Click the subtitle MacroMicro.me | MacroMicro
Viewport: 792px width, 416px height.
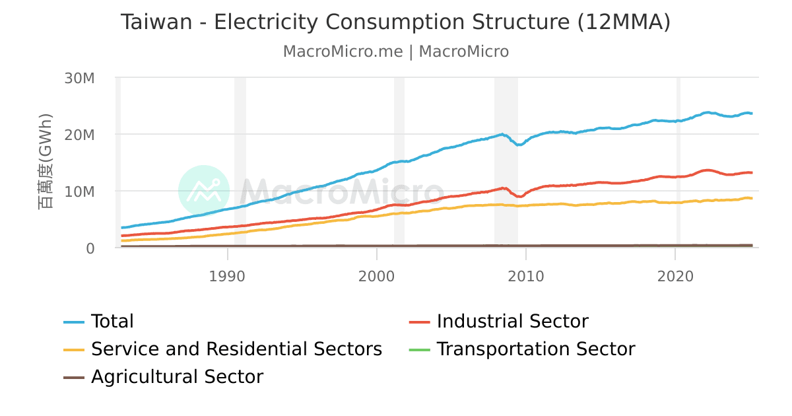coord(395,52)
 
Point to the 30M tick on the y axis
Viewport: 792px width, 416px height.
coord(80,78)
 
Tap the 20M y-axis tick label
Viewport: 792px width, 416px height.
coord(80,135)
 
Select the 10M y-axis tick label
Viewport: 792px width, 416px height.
coord(80,191)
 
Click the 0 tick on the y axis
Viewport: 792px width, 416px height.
coord(90,248)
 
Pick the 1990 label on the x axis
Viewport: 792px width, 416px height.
coord(227,275)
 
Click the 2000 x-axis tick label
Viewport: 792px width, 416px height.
coord(376,275)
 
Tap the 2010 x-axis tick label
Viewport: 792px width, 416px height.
coord(525,275)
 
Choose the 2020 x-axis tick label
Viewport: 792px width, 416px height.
coord(675,275)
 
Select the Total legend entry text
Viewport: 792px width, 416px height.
coord(112,322)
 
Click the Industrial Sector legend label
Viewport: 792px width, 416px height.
coord(512,322)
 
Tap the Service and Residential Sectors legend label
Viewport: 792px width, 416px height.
coord(236,349)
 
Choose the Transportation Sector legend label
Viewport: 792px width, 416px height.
coord(535,349)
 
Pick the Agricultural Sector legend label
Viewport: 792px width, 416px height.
coord(177,377)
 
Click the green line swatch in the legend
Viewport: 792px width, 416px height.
coord(420,349)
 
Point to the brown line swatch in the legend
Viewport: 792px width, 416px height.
coord(74,377)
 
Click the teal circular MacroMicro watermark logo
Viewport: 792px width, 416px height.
coord(204,191)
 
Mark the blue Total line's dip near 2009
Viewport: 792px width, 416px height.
coord(519,144)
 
